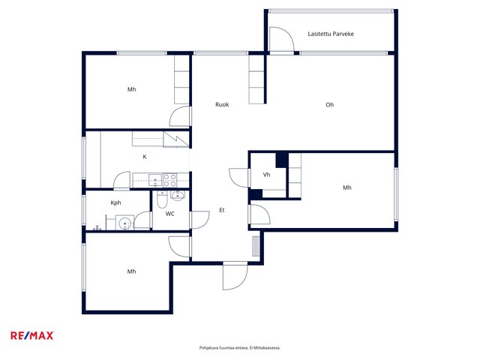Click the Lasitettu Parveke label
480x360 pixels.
(331, 34)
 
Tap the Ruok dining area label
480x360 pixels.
(222, 105)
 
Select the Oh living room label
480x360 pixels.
(329, 105)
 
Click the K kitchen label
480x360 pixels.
(145, 157)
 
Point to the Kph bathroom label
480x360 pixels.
(115, 202)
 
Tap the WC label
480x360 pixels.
(170, 214)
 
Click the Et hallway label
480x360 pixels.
(222, 210)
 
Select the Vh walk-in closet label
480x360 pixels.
(267, 175)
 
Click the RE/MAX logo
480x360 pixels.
(32, 336)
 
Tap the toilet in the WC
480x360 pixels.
(162, 199)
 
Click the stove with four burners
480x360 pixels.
(169, 180)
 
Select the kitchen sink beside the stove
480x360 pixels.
(155, 180)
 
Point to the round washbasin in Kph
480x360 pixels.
(124, 223)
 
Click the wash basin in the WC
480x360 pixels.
(178, 195)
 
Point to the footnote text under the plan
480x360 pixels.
(240, 348)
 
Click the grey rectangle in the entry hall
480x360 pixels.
(256, 247)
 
